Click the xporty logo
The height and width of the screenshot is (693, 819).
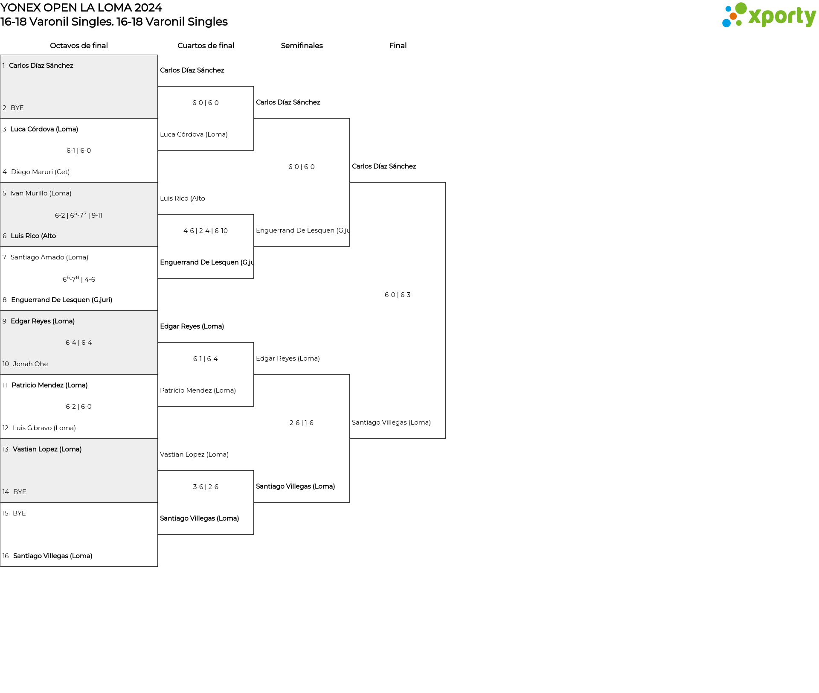769,15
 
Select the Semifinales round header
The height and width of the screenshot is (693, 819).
302,46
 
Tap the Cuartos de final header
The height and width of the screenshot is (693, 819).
206,46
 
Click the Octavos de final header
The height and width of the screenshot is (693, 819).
79,46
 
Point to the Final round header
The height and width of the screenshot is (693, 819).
398,46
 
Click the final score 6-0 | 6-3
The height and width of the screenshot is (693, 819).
398,295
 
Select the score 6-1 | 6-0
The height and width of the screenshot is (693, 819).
78,151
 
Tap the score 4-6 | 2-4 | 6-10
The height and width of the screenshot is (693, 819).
206,231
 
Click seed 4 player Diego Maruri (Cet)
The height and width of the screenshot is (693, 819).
40,172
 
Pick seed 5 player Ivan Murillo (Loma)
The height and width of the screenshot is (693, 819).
41,193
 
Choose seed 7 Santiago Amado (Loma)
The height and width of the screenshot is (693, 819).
49,257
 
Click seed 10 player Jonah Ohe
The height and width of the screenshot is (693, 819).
30,364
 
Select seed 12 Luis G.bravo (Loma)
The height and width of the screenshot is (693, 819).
44,428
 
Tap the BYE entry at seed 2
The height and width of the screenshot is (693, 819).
17,108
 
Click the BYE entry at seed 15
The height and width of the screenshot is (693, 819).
19,513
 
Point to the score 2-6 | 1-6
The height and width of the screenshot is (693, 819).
302,423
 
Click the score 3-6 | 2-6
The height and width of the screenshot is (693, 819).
206,487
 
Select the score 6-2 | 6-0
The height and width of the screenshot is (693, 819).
78,407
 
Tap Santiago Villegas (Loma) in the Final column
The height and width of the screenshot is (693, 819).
391,422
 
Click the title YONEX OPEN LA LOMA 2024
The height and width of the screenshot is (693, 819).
81,8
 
